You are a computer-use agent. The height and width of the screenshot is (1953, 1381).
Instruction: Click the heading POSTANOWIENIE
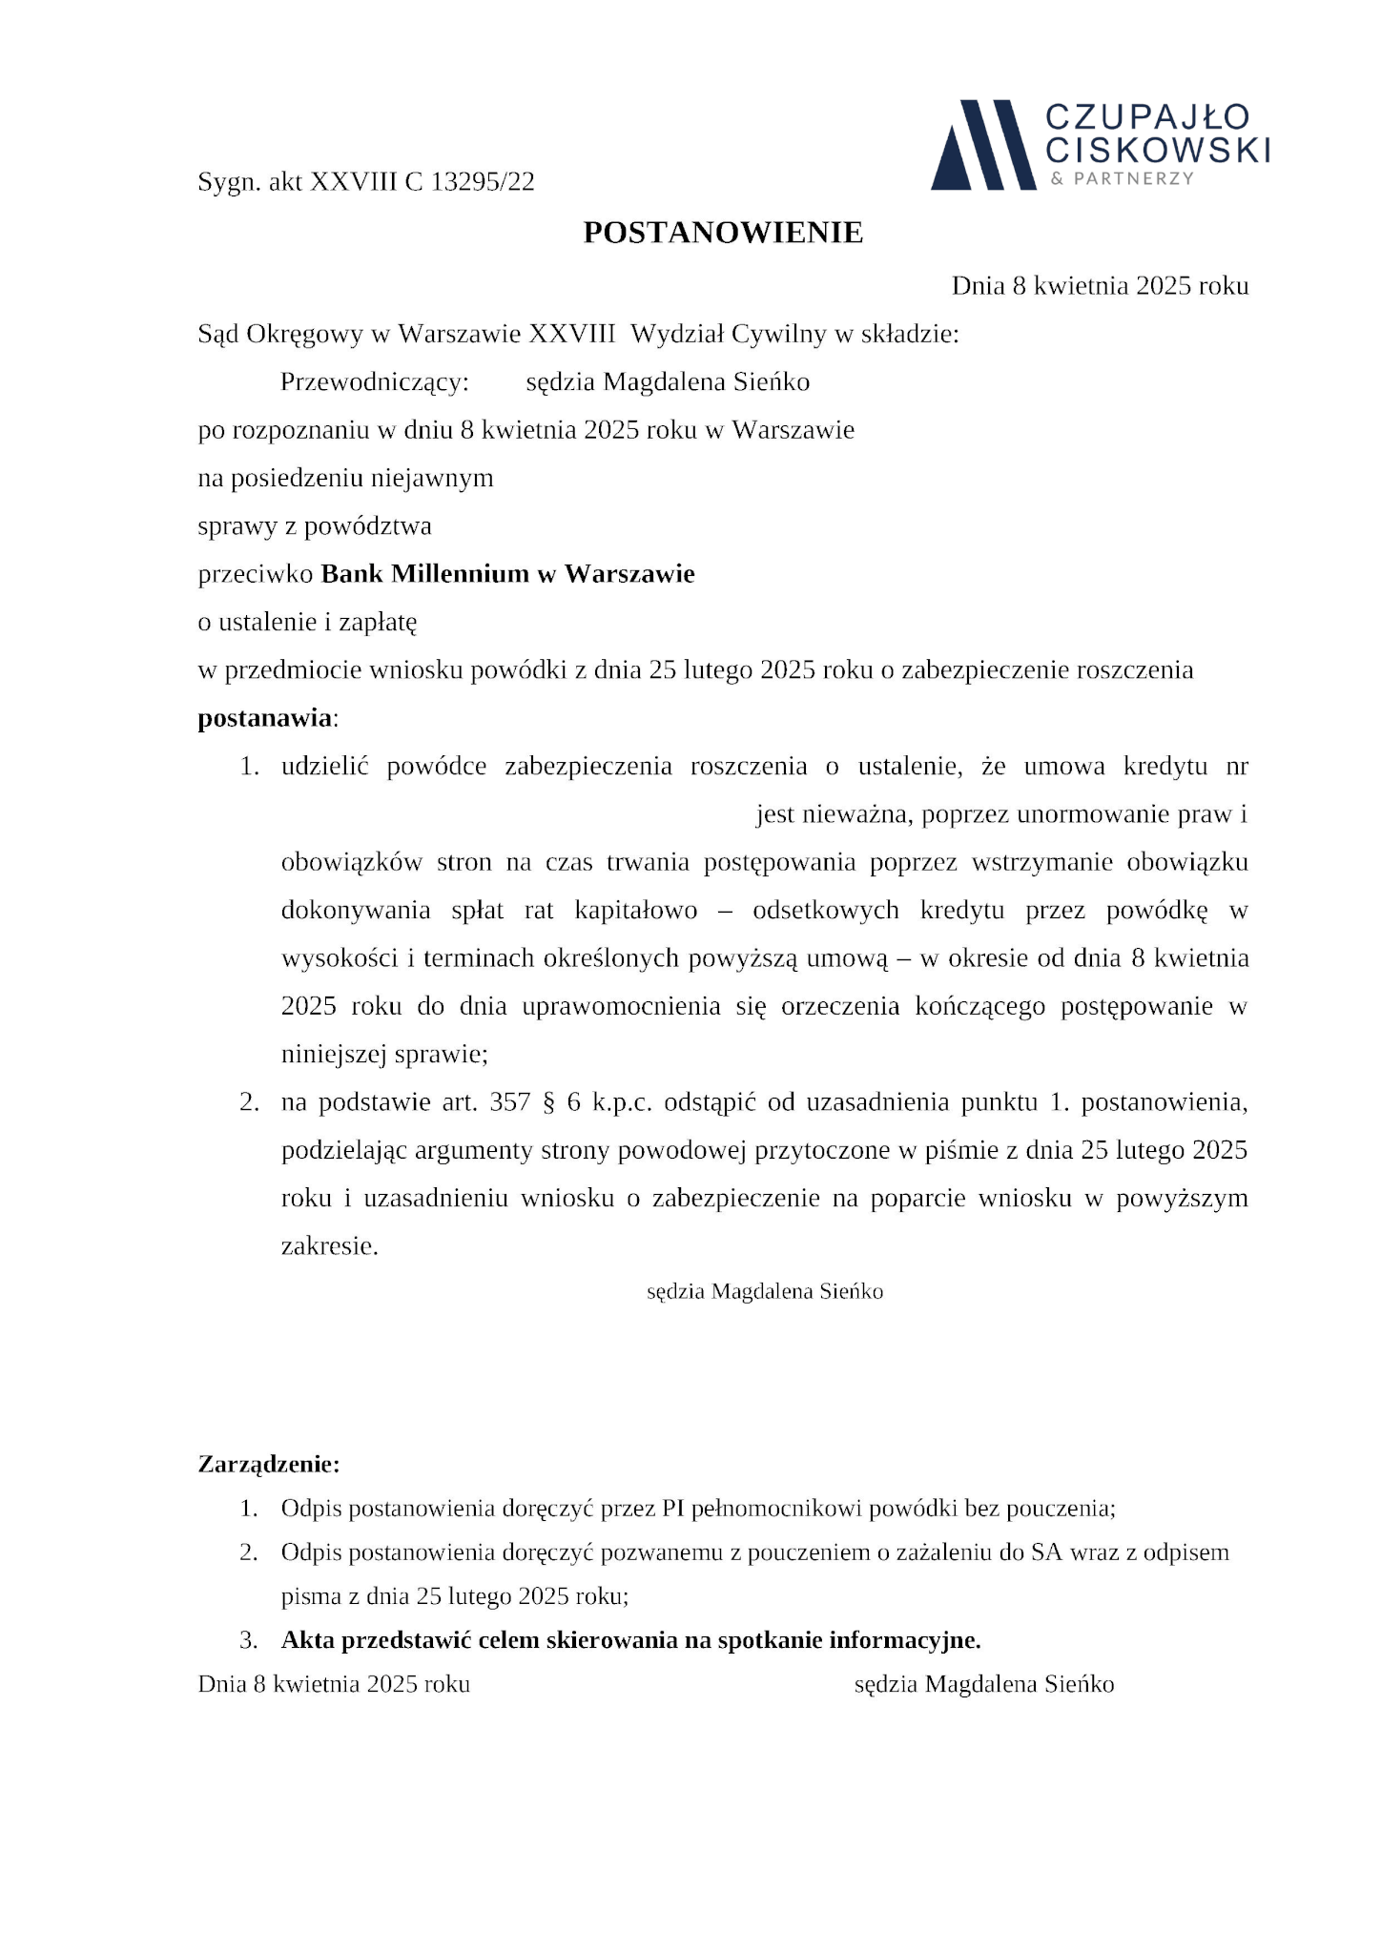click(723, 233)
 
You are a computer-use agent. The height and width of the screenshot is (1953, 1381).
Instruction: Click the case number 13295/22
click(483, 182)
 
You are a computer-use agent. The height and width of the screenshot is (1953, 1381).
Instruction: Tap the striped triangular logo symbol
click(982, 145)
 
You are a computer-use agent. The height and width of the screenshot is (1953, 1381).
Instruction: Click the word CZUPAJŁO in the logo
click(1147, 116)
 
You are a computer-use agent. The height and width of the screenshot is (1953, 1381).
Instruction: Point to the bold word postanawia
click(265, 718)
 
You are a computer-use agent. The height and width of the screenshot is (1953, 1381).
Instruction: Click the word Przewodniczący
click(374, 382)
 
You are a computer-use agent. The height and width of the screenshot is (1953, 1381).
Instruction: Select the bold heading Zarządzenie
click(268, 1464)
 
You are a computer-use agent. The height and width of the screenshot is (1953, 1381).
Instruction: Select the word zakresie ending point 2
click(329, 1246)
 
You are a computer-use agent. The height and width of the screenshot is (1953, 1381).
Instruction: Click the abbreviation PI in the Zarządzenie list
click(672, 1509)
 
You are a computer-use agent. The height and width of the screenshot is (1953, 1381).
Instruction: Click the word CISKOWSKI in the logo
click(1158, 150)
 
